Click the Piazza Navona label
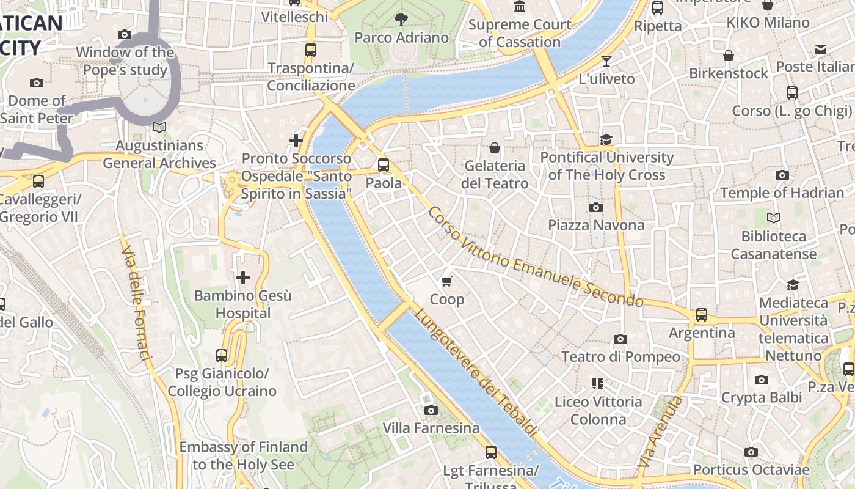596,225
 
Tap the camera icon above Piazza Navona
596,207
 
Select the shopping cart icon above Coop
447,281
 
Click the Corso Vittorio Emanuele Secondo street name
535,257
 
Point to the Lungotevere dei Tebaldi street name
476,373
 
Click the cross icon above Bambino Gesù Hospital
243,278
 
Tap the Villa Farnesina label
431,428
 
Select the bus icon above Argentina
702,315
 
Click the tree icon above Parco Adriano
401,20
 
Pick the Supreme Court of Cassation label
520,33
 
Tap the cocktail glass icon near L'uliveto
606,61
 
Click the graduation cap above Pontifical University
606,139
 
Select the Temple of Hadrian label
782,193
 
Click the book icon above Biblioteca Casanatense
773,218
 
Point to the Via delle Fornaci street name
136,303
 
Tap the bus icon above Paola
384,164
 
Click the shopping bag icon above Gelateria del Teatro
495,148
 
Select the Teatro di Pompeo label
620,356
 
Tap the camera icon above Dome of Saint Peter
37,83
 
